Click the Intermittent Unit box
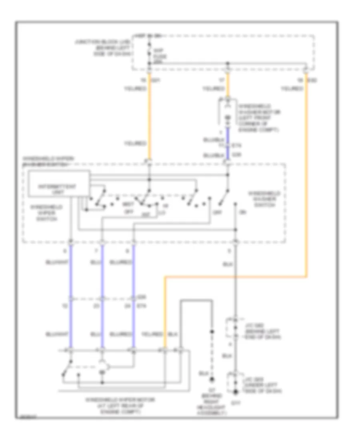58,183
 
